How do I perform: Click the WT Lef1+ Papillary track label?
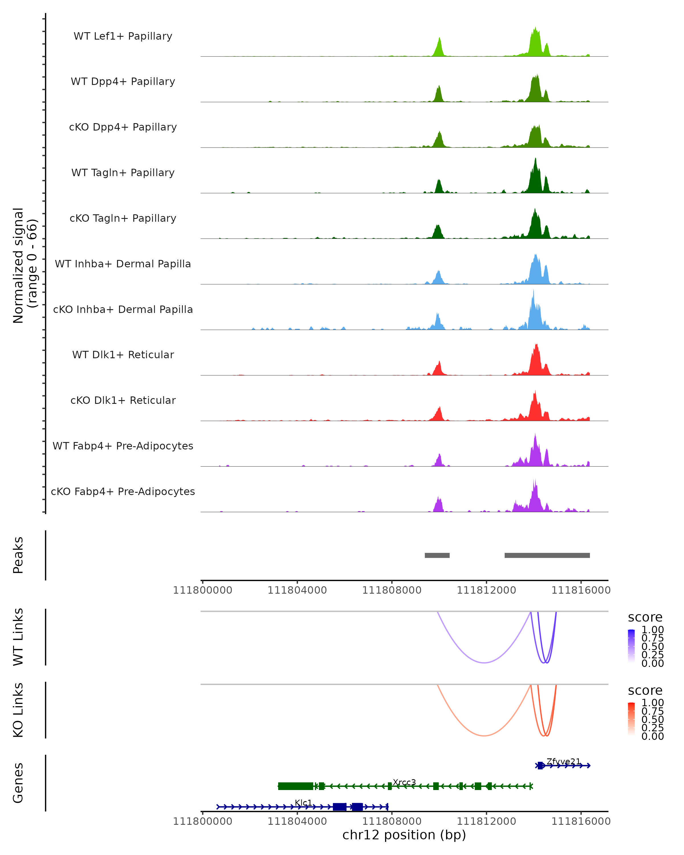(x=123, y=36)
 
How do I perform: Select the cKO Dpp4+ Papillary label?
(x=123, y=127)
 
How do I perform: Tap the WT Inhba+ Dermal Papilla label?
(x=123, y=264)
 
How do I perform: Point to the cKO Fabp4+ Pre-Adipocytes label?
(x=123, y=491)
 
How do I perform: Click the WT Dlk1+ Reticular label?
(x=123, y=355)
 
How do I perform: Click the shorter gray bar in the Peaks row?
(x=437, y=555)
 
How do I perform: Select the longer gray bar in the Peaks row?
(x=547, y=555)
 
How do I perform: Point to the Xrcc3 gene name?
(x=404, y=782)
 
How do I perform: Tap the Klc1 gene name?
(x=303, y=803)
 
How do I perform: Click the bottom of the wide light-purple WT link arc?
(x=484, y=662)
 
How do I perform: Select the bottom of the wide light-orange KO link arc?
(x=484, y=736)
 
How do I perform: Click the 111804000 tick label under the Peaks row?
(x=297, y=590)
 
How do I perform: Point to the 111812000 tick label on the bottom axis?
(x=486, y=821)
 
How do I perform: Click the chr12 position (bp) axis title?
(x=404, y=835)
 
